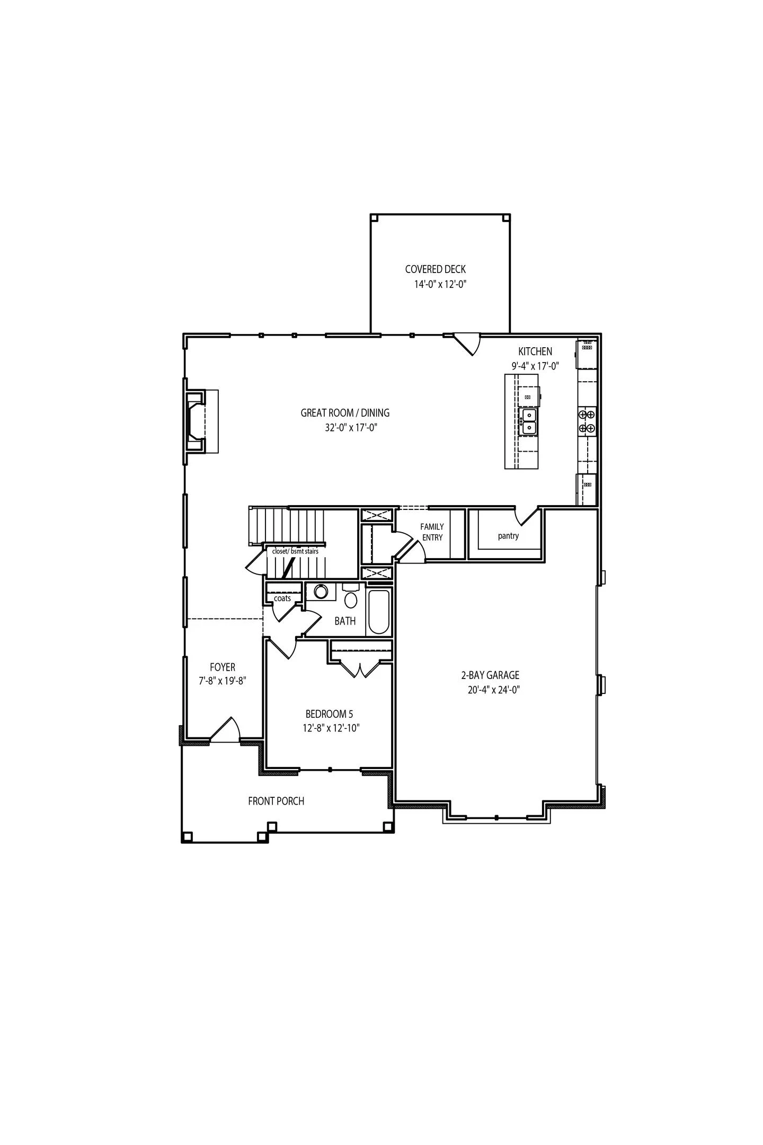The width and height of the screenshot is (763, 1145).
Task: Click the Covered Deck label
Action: [435, 269]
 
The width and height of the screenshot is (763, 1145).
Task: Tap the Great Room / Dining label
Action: [345, 412]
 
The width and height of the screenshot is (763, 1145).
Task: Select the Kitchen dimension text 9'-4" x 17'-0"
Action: [535, 366]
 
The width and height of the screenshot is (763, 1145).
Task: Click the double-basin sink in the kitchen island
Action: [529, 421]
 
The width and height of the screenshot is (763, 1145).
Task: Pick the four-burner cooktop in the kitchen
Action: [587, 421]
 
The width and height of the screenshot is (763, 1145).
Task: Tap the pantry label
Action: [508, 536]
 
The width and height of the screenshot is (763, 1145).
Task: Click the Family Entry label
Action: [432, 532]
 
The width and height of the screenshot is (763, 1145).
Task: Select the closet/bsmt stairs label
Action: [295, 551]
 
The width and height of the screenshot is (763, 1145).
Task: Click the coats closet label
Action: [282, 598]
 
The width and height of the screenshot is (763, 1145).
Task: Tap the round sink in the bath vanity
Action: [321, 592]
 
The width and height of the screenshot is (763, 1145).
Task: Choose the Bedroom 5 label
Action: [329, 714]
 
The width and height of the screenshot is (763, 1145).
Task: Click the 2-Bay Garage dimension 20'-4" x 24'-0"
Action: [490, 690]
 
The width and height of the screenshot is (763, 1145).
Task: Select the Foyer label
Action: [222, 667]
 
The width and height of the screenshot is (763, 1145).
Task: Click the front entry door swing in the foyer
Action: [227, 730]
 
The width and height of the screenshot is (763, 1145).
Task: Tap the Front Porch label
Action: [276, 801]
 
